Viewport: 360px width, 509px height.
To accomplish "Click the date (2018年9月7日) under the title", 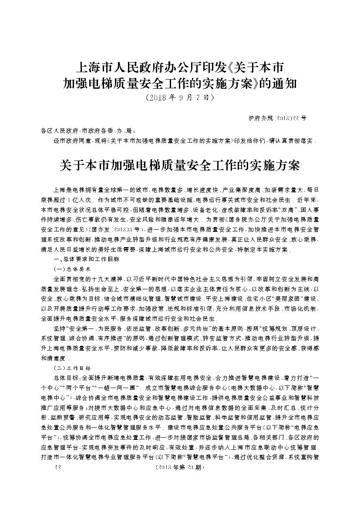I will [x=180, y=98].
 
